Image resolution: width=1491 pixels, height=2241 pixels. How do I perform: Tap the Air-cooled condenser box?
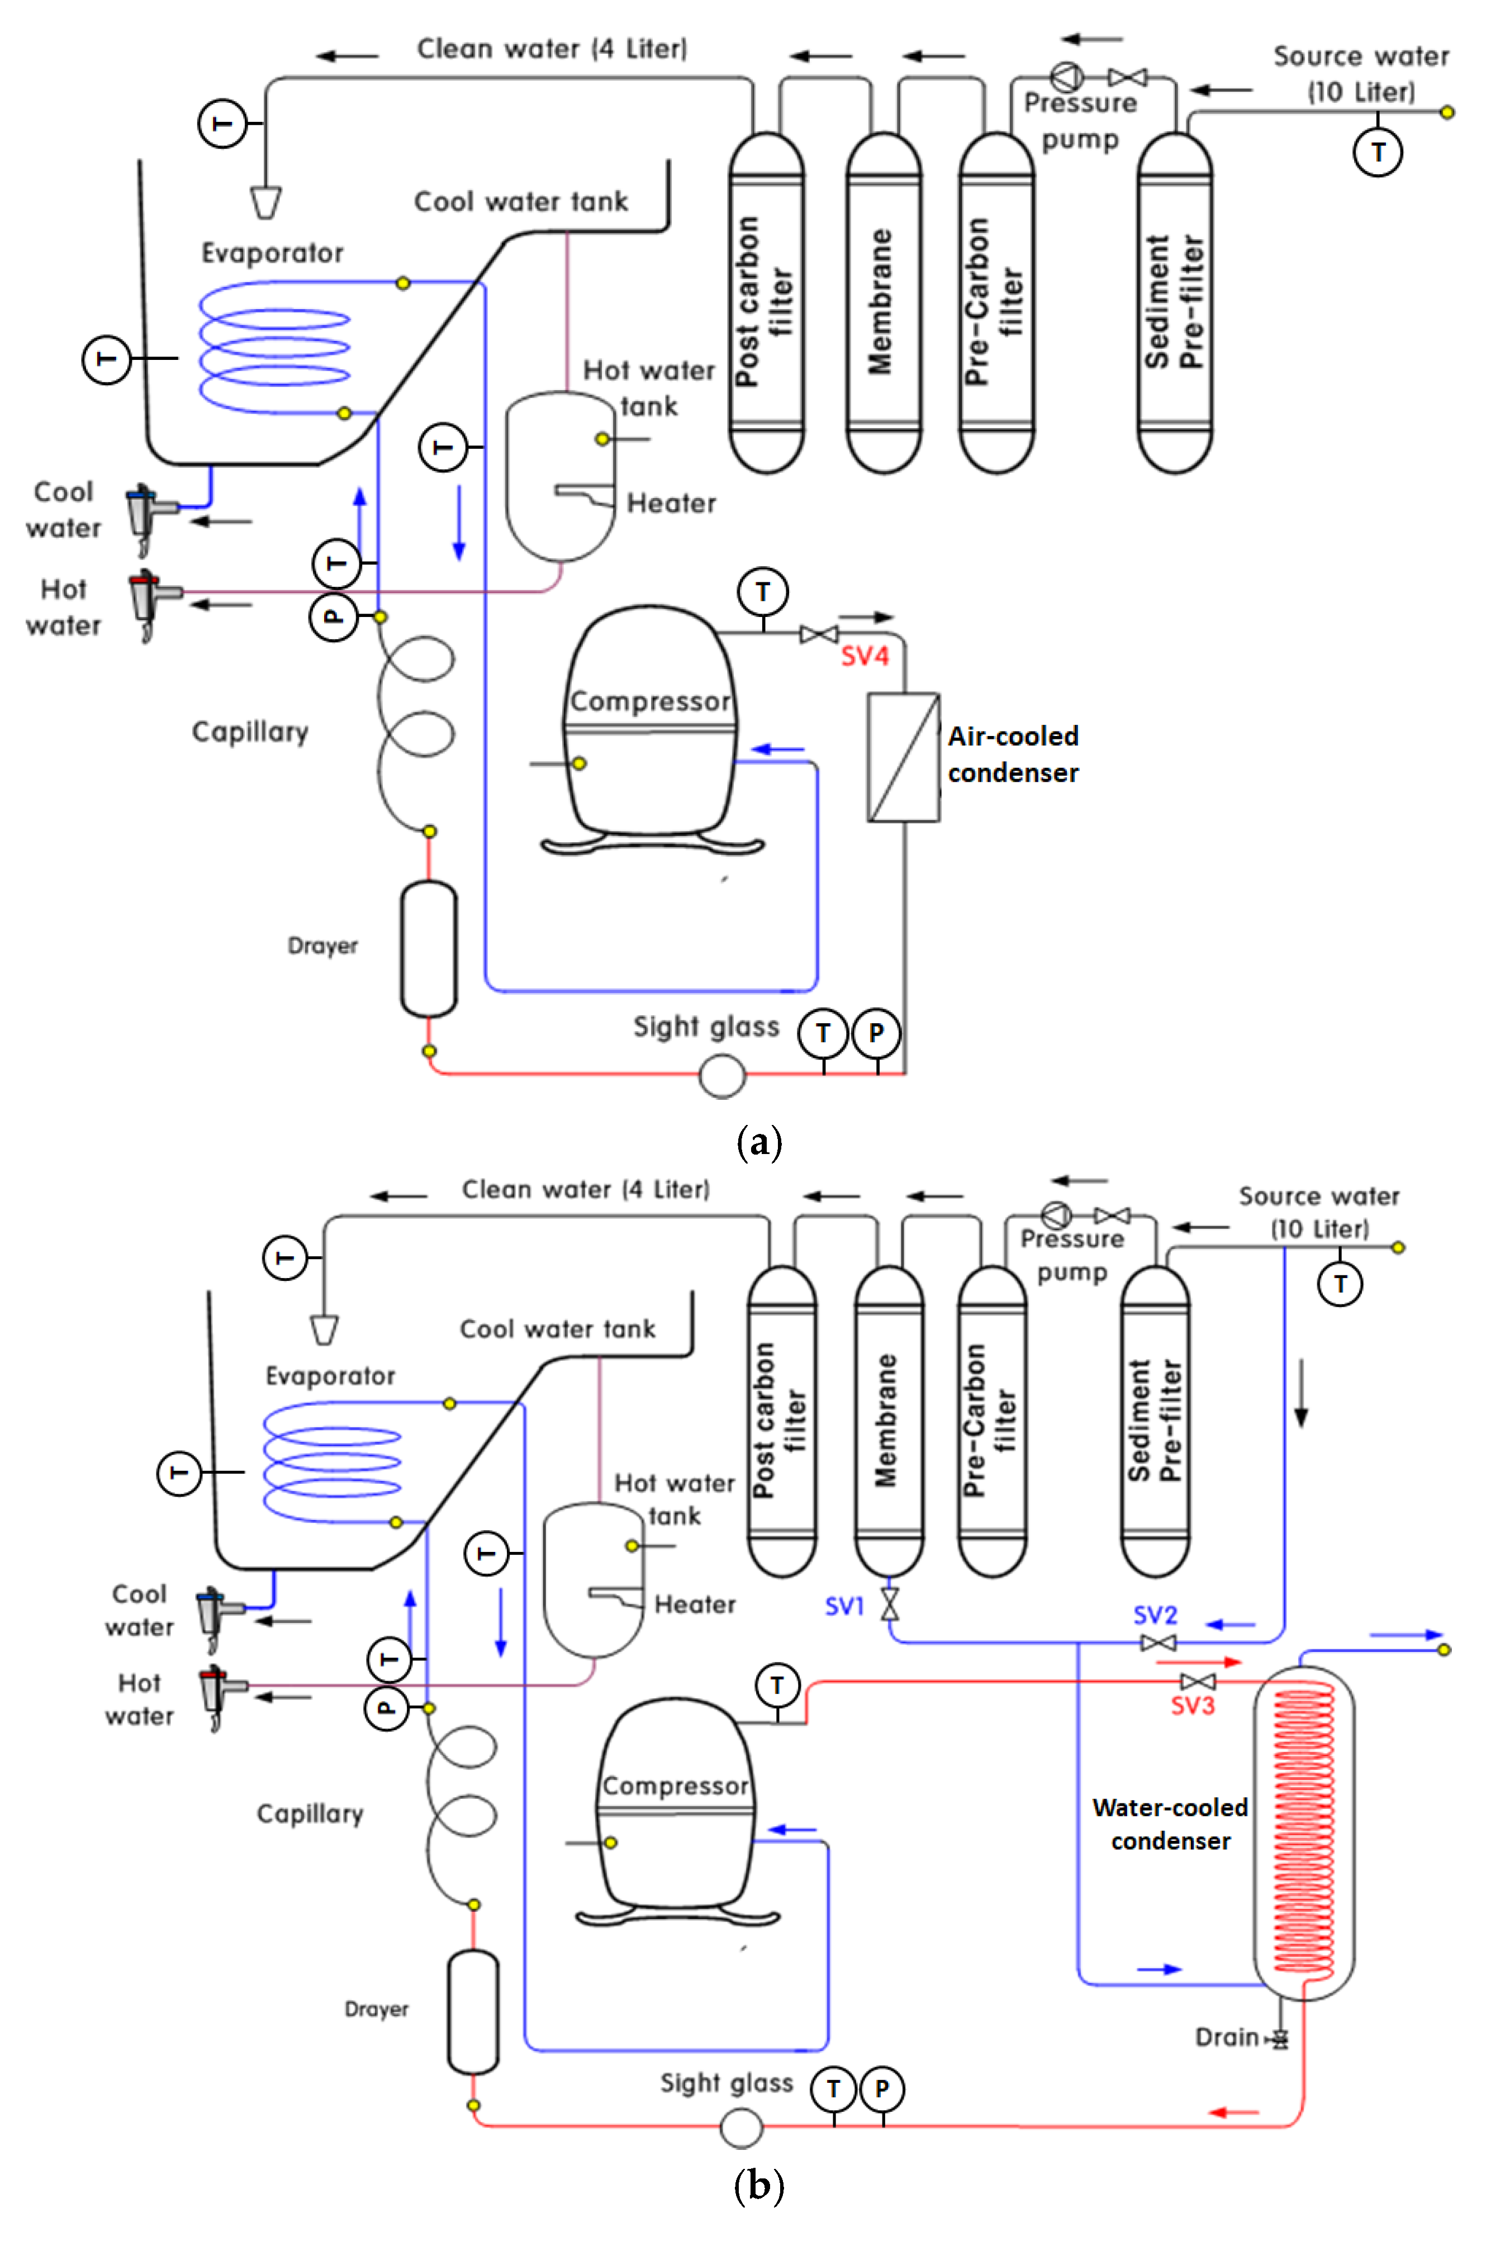tap(903, 757)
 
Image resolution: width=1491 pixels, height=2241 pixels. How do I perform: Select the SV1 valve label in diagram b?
tap(843, 1606)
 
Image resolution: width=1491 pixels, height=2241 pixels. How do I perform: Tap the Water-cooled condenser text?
tap(1170, 1824)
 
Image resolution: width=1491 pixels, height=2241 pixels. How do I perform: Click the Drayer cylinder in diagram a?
tap(428, 949)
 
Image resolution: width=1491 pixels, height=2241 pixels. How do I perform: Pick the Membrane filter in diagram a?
tap(884, 302)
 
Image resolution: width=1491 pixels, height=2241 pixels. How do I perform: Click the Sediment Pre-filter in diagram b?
tap(1155, 1421)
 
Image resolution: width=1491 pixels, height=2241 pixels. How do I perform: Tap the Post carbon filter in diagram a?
tap(766, 302)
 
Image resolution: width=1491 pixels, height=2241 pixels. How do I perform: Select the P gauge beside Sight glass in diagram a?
tap(876, 1033)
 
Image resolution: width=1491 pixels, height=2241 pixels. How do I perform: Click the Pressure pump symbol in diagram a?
tap(1065, 76)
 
